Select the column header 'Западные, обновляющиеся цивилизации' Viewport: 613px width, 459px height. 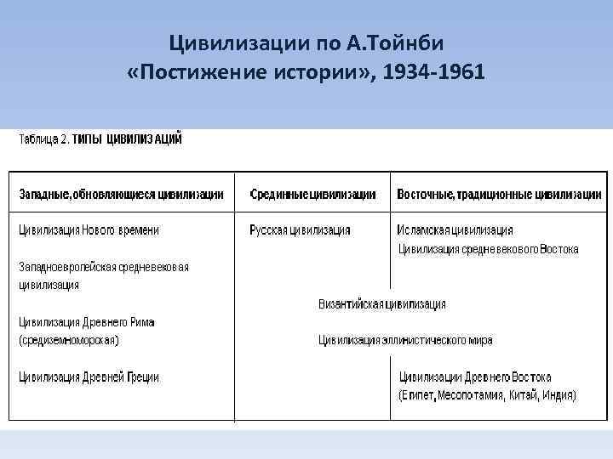pos(122,195)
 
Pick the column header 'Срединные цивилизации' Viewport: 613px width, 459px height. pos(312,195)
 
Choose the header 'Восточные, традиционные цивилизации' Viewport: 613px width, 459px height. pos(497,195)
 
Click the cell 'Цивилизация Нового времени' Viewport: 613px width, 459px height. pos(89,229)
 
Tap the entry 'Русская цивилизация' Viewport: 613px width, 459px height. pos(300,229)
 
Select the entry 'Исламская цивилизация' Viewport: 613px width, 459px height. pos(455,229)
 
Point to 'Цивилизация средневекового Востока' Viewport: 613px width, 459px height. pos(489,249)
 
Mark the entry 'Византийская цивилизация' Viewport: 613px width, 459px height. pos(382,303)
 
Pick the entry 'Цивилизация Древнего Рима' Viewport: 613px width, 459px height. pos(87,322)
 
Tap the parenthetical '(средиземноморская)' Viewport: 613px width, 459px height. pos(69,340)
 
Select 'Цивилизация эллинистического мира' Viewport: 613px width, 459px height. pos(405,340)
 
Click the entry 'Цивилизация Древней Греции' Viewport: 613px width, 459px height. pos(89,377)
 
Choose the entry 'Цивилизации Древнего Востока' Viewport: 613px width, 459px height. pos(475,377)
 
